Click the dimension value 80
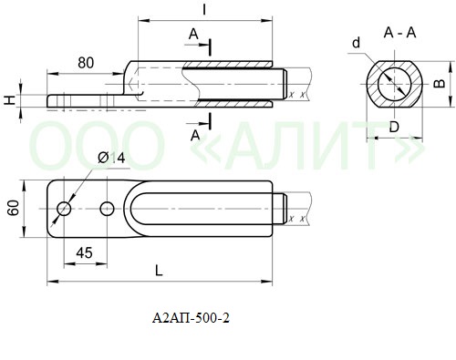pos(86,63)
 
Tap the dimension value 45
pos(84,252)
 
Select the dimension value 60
pos(14,208)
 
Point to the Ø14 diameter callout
pos(111,158)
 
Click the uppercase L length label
pos(159,271)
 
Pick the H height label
pos(10,100)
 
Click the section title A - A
pos(399,33)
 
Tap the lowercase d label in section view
pos(356,43)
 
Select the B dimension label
pos(439,83)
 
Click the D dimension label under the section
pos(394,127)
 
